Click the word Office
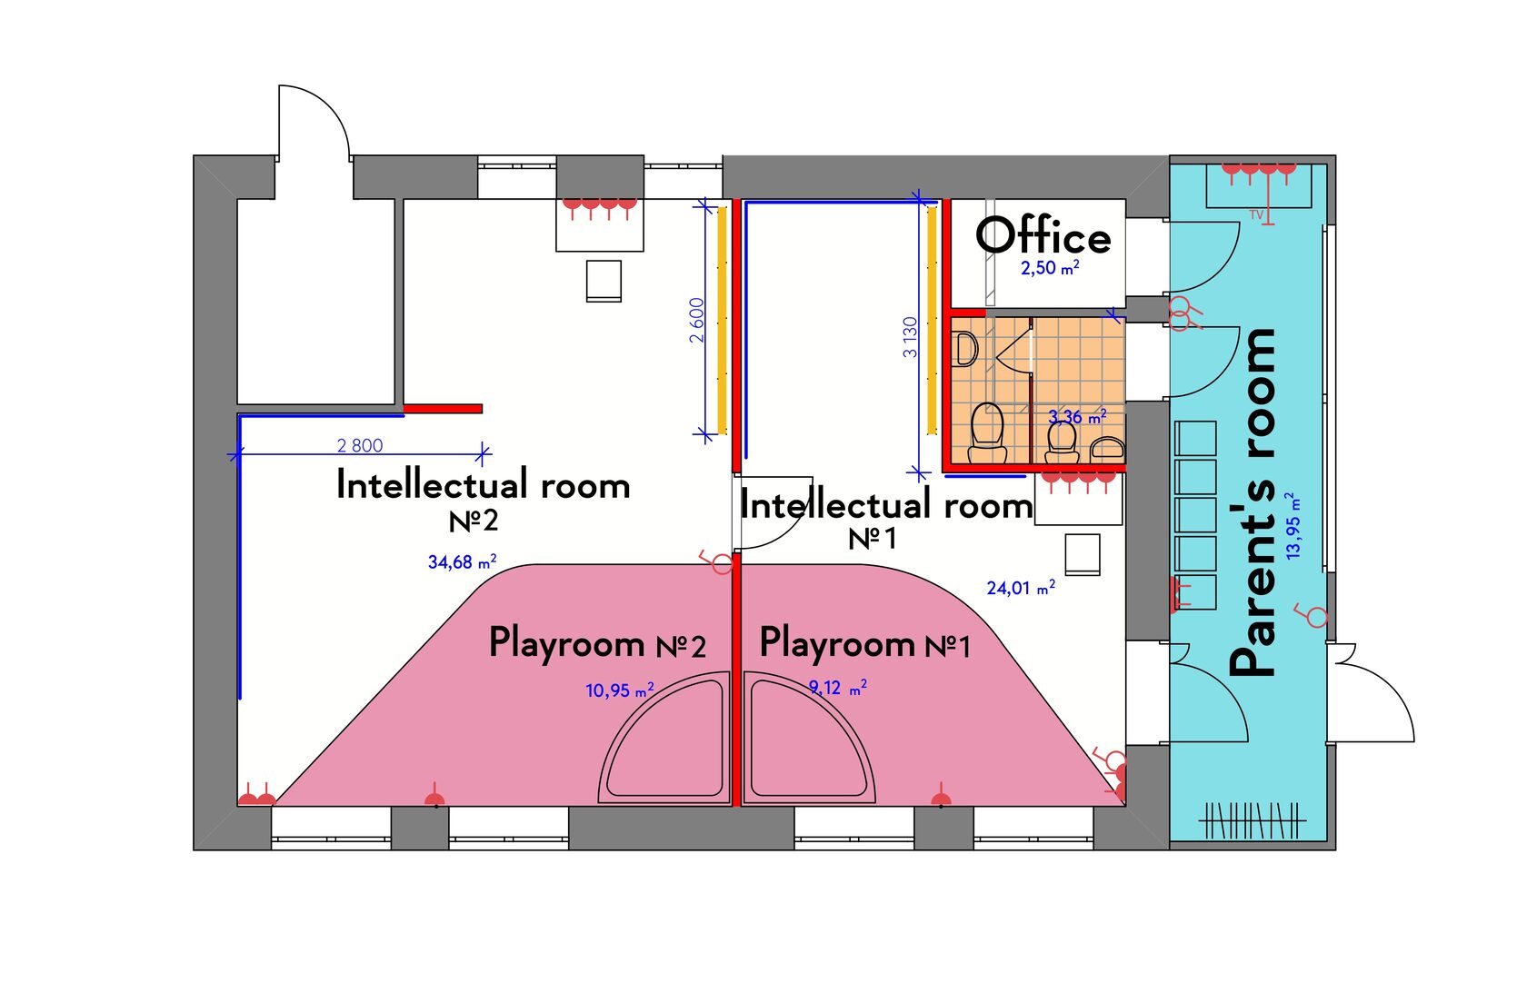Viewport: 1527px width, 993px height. pos(1043,236)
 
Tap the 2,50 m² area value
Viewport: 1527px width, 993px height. pos(1050,268)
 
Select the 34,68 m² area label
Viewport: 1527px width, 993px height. pos(462,562)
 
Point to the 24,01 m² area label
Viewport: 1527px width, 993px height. pos(1022,588)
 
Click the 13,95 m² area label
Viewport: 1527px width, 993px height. pos(1292,526)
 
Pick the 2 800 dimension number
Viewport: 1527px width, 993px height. pos(360,445)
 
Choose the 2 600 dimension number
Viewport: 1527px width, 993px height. pos(696,321)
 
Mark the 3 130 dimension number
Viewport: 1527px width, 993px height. pos(910,337)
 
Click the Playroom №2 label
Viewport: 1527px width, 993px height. pos(598,643)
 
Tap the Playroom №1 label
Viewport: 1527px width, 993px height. pos(865,643)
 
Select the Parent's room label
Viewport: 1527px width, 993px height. pos(1253,502)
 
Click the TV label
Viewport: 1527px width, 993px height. pos(1256,215)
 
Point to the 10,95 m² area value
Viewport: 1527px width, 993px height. pos(620,690)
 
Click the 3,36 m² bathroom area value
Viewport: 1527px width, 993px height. pos(1077,416)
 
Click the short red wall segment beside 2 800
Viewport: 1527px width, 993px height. pos(444,409)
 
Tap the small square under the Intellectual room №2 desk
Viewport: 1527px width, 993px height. pos(604,281)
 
